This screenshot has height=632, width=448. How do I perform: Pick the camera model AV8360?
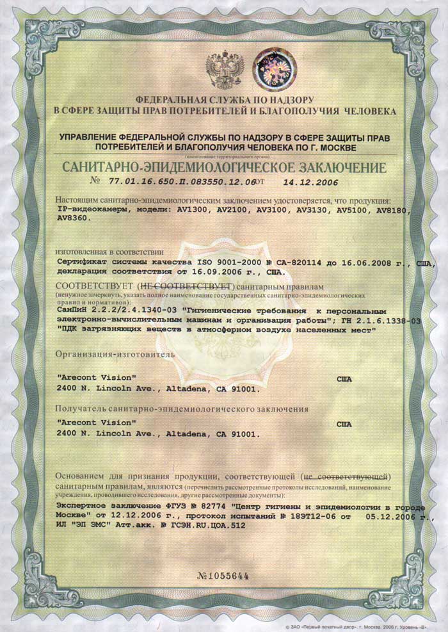point(73,218)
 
